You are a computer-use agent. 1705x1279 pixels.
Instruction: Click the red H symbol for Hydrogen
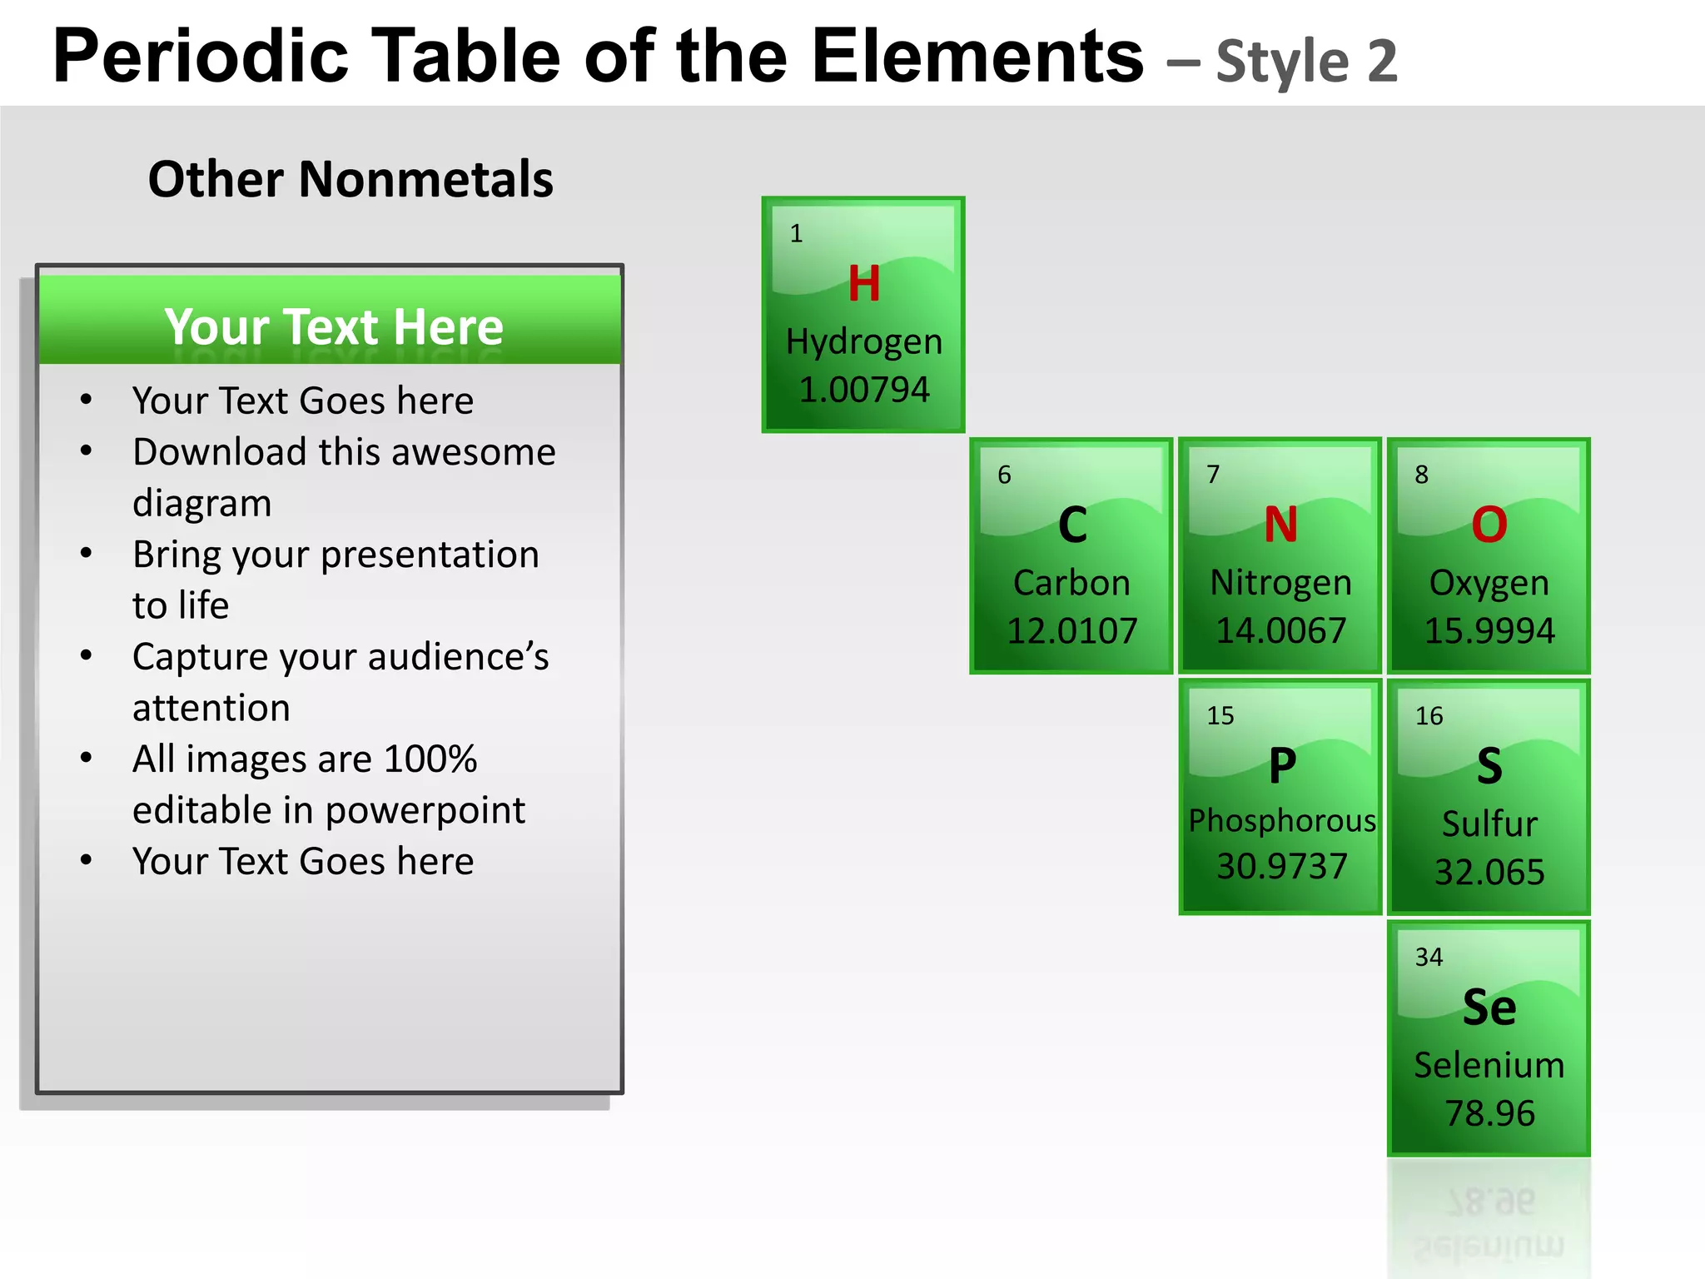tap(864, 284)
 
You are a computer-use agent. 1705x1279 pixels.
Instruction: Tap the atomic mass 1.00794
tap(864, 390)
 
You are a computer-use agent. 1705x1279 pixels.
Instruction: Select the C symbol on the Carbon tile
tap(1072, 525)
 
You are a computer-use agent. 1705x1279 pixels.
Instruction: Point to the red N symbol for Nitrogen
tap(1280, 525)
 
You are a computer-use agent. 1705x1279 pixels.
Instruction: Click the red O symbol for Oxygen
tap(1489, 525)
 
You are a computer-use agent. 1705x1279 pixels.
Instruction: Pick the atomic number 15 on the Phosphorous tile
tap(1220, 716)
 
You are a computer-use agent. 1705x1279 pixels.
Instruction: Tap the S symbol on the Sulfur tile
tap(1489, 766)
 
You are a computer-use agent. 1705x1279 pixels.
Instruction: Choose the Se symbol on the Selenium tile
tap(1489, 1008)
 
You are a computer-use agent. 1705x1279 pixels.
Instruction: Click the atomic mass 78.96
tap(1489, 1114)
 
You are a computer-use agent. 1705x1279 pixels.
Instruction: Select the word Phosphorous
tap(1282, 821)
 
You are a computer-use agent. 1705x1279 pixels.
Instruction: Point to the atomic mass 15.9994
tap(1489, 631)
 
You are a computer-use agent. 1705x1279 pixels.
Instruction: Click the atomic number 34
tap(1429, 958)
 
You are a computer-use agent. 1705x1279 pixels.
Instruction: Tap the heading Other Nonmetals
tap(350, 179)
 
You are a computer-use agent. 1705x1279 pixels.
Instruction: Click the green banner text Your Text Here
tap(334, 326)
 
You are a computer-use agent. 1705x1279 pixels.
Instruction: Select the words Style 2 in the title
tap(1307, 62)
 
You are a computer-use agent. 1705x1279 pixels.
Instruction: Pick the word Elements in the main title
tap(977, 57)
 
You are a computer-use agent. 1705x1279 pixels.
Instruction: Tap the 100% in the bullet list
tap(430, 759)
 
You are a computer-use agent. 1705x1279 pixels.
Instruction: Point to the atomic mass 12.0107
tap(1072, 631)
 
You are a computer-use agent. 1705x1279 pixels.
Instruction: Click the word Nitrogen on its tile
tap(1280, 583)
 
